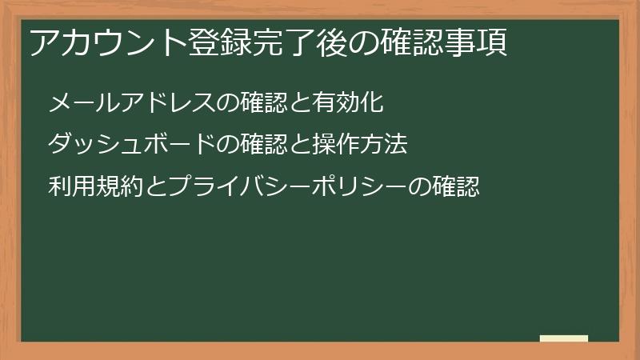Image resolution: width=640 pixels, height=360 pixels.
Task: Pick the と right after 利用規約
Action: coord(143,187)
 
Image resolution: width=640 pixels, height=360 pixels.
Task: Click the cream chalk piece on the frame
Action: coord(564,338)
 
